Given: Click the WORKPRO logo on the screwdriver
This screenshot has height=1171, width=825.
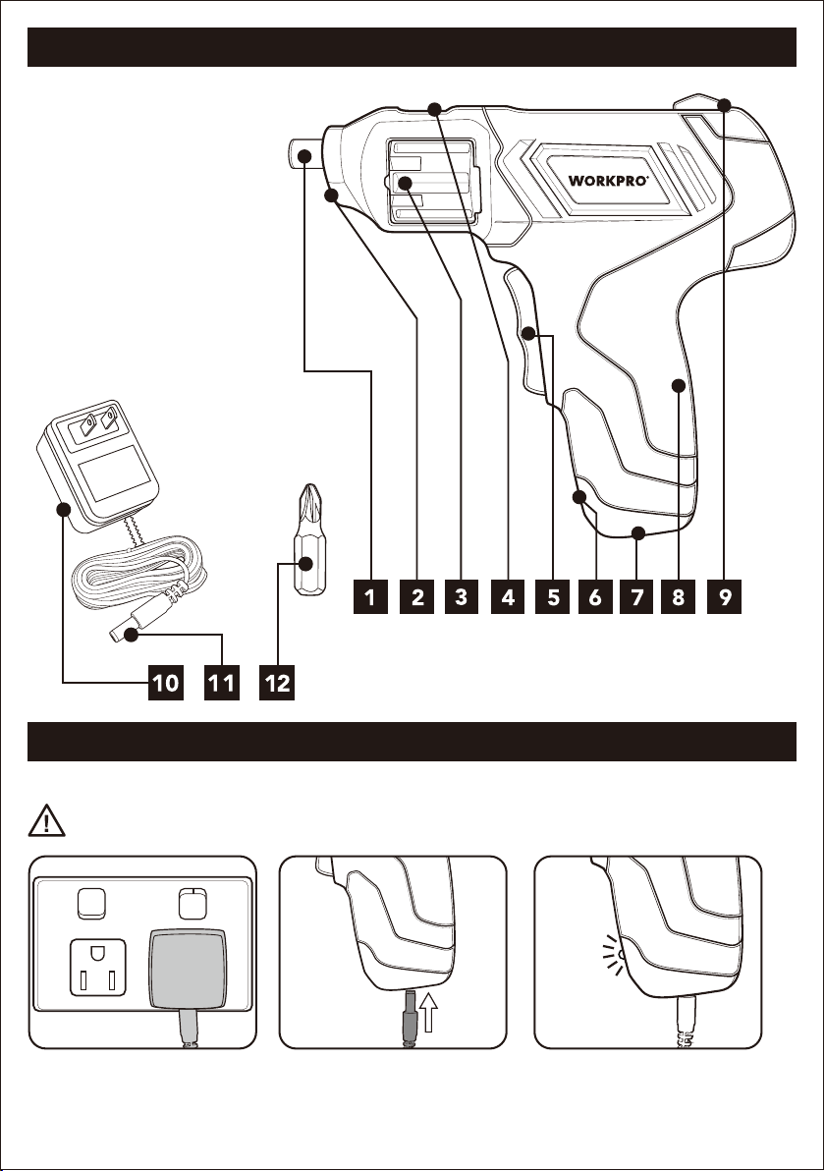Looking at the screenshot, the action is (608, 180).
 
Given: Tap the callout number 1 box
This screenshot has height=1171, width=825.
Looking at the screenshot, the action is (370, 596).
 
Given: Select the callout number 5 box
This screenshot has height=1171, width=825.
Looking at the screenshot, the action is (553, 596).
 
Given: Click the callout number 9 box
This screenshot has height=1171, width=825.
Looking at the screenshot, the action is (724, 596).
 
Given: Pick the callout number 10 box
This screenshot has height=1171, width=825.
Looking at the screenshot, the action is (166, 683).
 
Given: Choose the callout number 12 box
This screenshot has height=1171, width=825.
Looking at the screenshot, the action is (277, 683).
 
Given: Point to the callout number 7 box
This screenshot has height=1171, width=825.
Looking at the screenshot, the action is (636, 596).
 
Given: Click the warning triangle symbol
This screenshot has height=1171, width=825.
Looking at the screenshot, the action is (46, 820).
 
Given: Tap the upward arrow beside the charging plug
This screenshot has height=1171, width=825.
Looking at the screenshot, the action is (430, 1009).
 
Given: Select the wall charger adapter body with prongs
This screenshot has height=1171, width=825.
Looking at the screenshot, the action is (97, 466).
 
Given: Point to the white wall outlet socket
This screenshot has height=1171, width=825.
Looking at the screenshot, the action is (98, 968).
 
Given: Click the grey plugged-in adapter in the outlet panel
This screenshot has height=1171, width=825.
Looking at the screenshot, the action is (189, 967).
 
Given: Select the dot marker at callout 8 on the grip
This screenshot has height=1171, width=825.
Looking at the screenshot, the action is (678, 385).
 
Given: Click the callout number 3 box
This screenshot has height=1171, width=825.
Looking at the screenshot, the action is (461, 596).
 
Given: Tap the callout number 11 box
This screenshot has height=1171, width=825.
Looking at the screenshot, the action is (222, 683).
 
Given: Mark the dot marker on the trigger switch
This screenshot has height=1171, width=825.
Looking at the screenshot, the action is (528, 333).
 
